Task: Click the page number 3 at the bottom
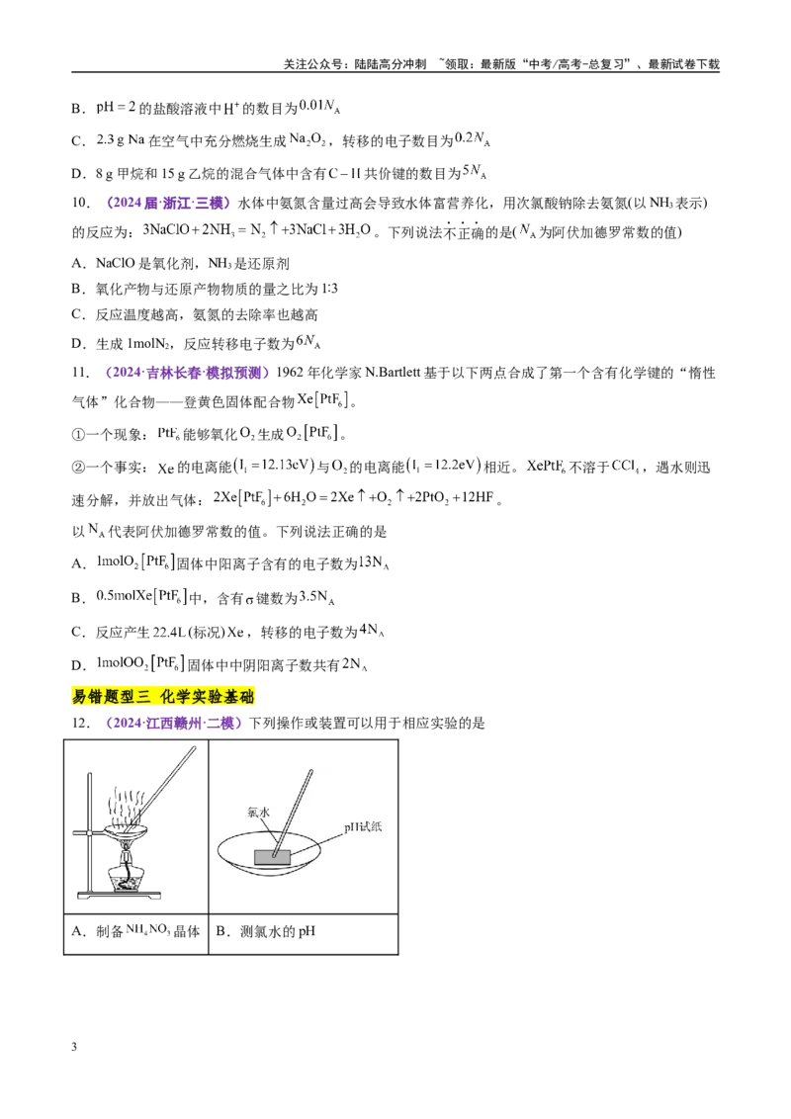74,1047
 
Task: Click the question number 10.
81,203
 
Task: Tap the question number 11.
81,373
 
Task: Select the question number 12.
81,723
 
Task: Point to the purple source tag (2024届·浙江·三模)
169,203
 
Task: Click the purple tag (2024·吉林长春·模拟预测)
187,373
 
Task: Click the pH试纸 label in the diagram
363,826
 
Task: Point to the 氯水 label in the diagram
258,812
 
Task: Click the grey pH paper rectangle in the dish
272,857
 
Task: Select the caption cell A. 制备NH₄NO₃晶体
135,931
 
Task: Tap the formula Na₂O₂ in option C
308,139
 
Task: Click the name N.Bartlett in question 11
393,373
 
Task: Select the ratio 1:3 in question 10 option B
330,289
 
